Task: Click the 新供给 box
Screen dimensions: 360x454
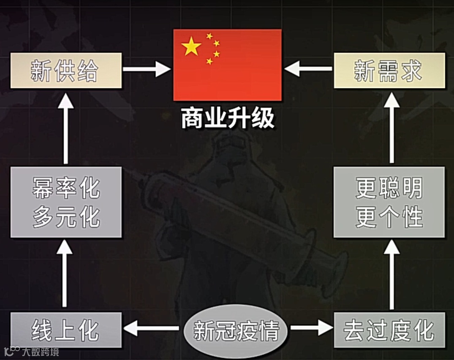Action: point(66,70)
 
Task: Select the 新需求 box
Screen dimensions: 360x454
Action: point(389,70)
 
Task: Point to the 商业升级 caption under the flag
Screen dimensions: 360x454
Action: point(228,119)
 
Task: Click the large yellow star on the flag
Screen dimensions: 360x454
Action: point(192,46)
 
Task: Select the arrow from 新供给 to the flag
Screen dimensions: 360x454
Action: point(146,69)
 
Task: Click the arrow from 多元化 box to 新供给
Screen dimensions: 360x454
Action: point(65,129)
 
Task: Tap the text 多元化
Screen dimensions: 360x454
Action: point(66,217)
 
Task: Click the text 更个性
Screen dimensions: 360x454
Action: point(389,217)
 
